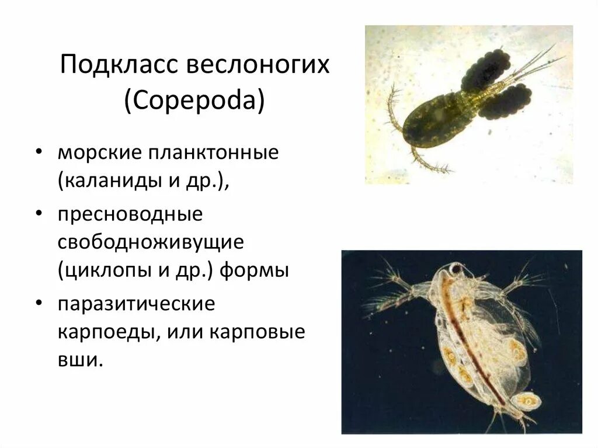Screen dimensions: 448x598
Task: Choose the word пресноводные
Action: click(130, 214)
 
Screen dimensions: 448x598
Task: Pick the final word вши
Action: click(79, 360)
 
